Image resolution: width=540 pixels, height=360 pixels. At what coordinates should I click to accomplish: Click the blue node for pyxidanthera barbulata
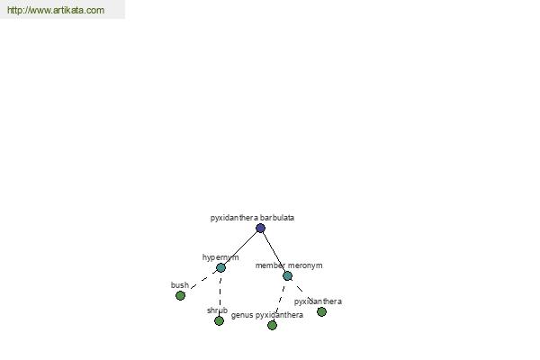(260, 228)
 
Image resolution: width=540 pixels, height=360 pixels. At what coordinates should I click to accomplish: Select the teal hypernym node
(220, 267)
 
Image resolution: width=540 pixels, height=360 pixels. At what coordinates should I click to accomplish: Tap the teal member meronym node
(288, 275)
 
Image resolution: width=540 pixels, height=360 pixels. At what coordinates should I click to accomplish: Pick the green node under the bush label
(180, 295)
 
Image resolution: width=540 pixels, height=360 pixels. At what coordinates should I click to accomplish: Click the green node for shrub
(219, 320)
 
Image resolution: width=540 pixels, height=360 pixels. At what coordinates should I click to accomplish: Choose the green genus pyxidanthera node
(272, 325)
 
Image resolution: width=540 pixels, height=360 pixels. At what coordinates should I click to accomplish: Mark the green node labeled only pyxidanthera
(321, 311)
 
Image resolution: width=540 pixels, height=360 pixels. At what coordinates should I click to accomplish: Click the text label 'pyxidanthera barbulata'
(252, 218)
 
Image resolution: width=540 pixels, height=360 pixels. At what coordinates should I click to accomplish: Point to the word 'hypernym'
(220, 257)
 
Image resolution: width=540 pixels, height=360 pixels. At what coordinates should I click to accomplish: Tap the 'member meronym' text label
(289, 265)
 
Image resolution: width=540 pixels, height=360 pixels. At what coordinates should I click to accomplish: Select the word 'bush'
(180, 285)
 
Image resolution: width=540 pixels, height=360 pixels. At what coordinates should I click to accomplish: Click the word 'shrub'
(217, 310)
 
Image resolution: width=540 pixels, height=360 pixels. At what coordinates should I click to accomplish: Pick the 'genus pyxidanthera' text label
(267, 315)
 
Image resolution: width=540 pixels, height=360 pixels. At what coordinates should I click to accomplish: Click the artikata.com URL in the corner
(56, 10)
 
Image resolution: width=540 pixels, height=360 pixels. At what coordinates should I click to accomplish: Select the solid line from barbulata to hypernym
(240, 247)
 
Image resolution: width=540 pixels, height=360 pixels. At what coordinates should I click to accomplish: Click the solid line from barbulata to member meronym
(274, 252)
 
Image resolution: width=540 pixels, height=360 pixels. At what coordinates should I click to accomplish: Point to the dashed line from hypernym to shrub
(220, 294)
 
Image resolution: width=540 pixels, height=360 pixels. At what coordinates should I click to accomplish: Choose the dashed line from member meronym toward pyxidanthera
(302, 291)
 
